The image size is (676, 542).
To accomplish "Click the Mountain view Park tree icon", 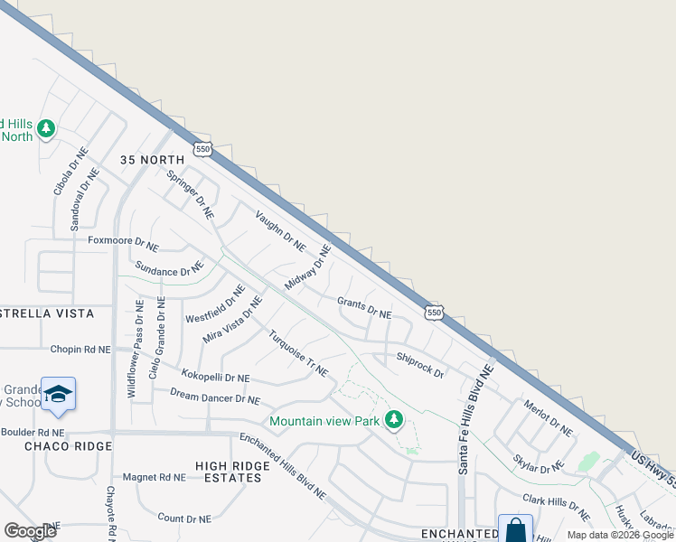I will [x=394, y=420].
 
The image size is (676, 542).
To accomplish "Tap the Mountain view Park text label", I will [x=324, y=421].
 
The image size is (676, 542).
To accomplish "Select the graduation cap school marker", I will [x=58, y=394].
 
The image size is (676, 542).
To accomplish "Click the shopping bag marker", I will [x=515, y=530].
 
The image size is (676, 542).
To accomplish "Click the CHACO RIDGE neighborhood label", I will [x=68, y=446].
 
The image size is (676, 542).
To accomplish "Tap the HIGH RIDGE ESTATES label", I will [x=232, y=472].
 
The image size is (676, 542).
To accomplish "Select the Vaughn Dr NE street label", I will [x=280, y=230].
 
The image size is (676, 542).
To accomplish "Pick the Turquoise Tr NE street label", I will [x=297, y=353].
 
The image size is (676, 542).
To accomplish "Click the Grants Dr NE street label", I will [x=364, y=308].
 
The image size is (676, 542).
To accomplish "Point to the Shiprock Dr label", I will [x=420, y=366].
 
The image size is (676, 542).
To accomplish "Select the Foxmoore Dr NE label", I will [x=123, y=243].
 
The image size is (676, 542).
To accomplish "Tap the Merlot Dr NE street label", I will [x=548, y=418].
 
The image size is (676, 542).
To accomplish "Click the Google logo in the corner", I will [x=30, y=530].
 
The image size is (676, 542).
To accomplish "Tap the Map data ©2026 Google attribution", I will [x=620, y=535].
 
